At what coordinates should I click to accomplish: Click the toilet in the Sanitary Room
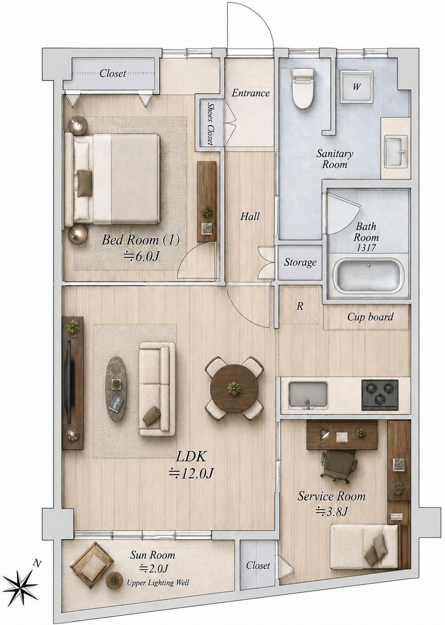(x=303, y=89)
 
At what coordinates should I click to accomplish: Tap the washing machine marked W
(x=357, y=87)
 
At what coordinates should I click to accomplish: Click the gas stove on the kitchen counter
(x=380, y=395)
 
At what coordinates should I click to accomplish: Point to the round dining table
(x=234, y=388)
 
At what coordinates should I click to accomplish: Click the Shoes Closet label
(x=210, y=123)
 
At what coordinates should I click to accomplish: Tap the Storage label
(x=300, y=262)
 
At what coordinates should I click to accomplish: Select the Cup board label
(x=370, y=317)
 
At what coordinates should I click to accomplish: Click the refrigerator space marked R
(x=300, y=306)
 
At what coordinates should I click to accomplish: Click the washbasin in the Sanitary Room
(x=396, y=151)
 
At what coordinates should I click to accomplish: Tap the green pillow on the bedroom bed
(x=85, y=180)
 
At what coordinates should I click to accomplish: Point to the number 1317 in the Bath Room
(x=366, y=248)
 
